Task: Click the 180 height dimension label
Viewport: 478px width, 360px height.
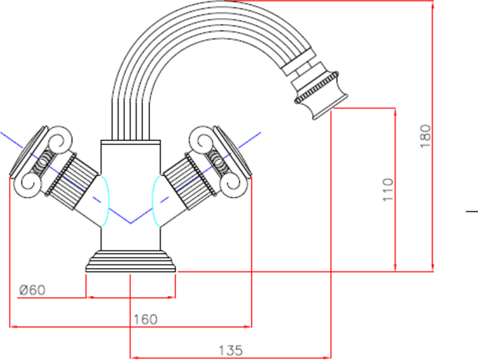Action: pos(426,136)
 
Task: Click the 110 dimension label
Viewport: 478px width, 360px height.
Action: pos(388,190)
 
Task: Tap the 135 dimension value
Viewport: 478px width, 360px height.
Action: pos(231,350)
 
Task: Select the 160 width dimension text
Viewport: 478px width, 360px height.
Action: pos(146,319)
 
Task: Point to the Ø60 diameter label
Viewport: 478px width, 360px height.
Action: pos(32,289)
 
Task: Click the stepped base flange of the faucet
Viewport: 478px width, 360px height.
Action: pos(131,261)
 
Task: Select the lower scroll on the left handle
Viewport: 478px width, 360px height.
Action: pos(28,185)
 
